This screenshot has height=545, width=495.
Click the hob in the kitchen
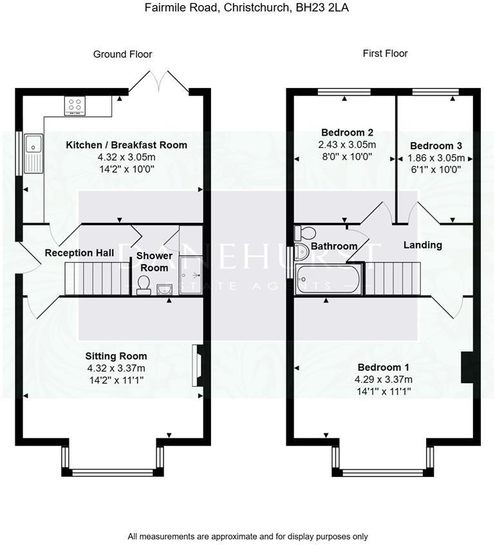tap(74, 105)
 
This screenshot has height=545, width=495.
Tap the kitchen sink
tap(32, 153)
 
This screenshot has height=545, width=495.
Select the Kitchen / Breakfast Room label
tap(126, 145)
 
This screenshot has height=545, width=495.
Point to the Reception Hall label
tap(79, 253)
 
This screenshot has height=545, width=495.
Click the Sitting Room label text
tap(116, 356)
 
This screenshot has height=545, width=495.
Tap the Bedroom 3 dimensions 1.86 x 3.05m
tap(436, 157)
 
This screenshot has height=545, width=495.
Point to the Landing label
tap(422, 245)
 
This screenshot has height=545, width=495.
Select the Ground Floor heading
tap(122, 54)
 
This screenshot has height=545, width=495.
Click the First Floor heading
tap(385, 53)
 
